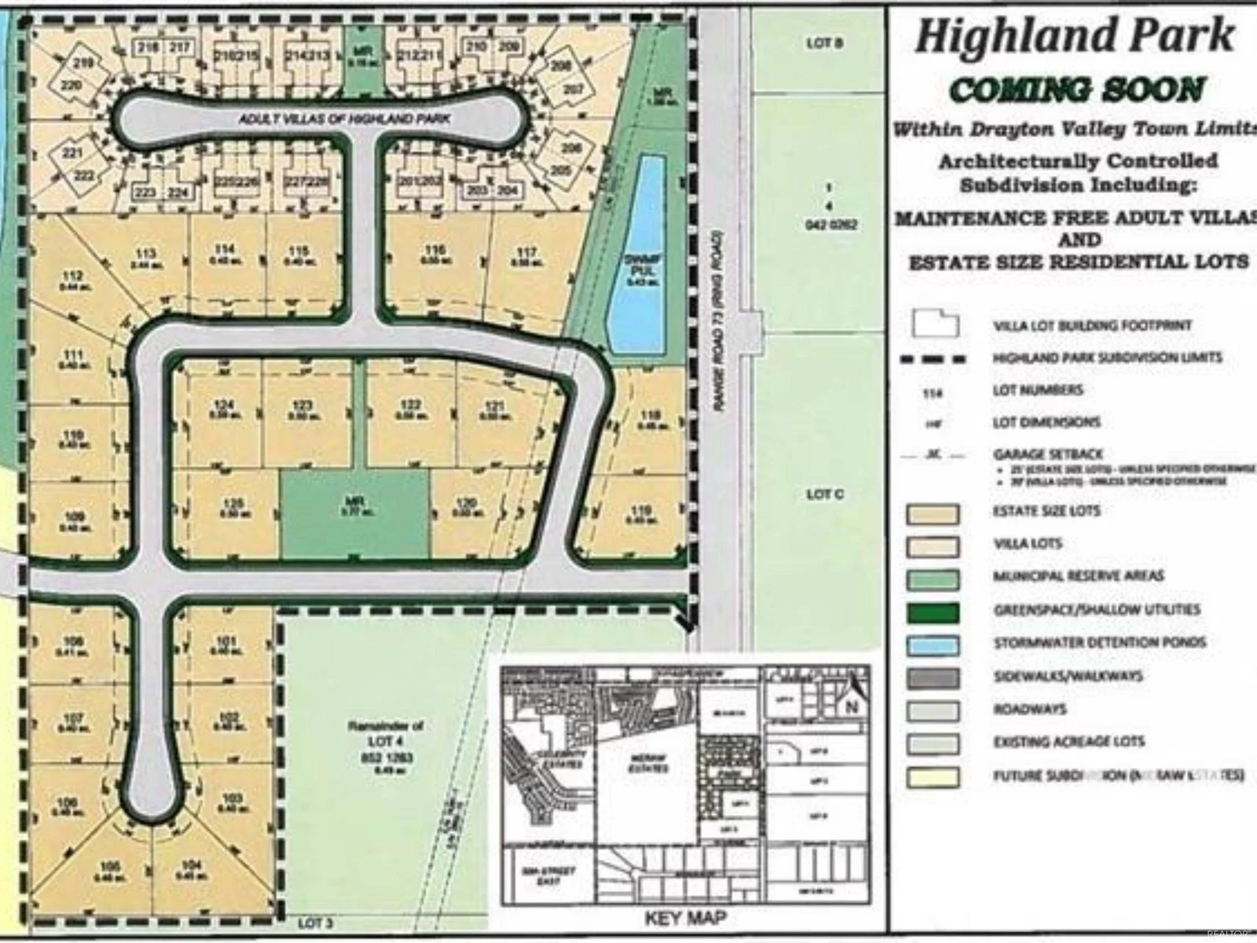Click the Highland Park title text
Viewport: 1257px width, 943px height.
tap(1074, 35)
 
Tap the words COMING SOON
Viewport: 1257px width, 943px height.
tap(1076, 90)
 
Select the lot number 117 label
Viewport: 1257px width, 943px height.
tap(527, 253)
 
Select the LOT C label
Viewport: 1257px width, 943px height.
tap(824, 494)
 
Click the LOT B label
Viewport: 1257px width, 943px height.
tap(824, 43)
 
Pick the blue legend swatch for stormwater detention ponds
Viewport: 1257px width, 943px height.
tap(933, 645)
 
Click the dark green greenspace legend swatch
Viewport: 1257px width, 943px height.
tap(933, 612)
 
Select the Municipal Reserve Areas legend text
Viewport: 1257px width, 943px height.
tap(1078, 576)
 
